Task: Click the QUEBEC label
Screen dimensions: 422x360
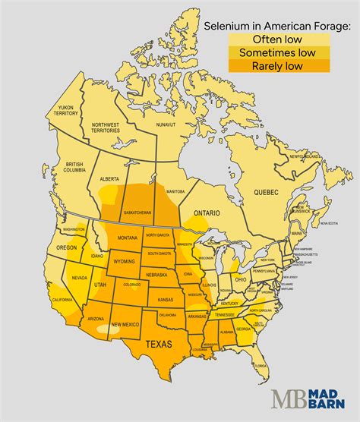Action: [x=265, y=187]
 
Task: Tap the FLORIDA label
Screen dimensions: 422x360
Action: [x=261, y=366]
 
